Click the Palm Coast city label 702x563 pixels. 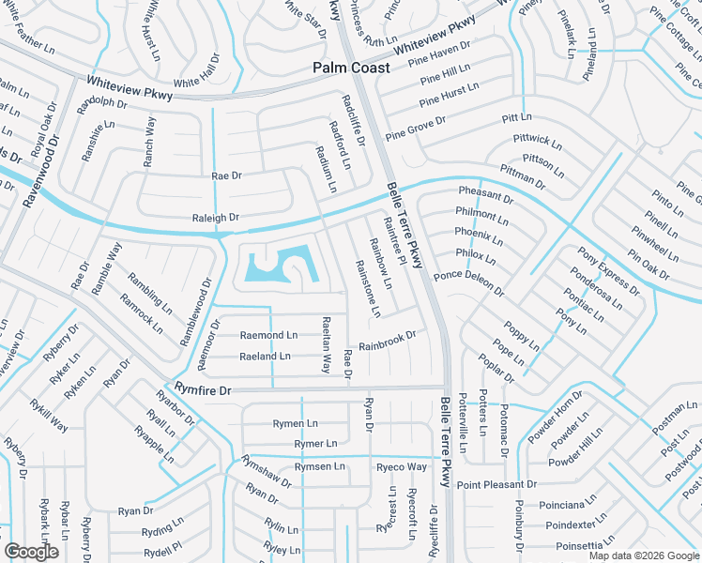pyautogui.click(x=350, y=68)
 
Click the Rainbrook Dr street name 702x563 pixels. pyautogui.click(x=387, y=341)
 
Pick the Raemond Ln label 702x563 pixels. pyautogui.click(x=268, y=335)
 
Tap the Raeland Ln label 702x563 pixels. pyautogui.click(x=265, y=357)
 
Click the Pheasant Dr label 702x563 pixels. pyautogui.click(x=485, y=194)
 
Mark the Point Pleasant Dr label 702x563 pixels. pyautogui.click(x=496, y=484)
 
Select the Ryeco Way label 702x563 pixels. pyautogui.click(x=402, y=466)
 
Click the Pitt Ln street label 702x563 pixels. pyautogui.click(x=516, y=118)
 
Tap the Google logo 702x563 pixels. pyautogui.click(x=31, y=551)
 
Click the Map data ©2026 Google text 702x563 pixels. pyautogui.click(x=643, y=555)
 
